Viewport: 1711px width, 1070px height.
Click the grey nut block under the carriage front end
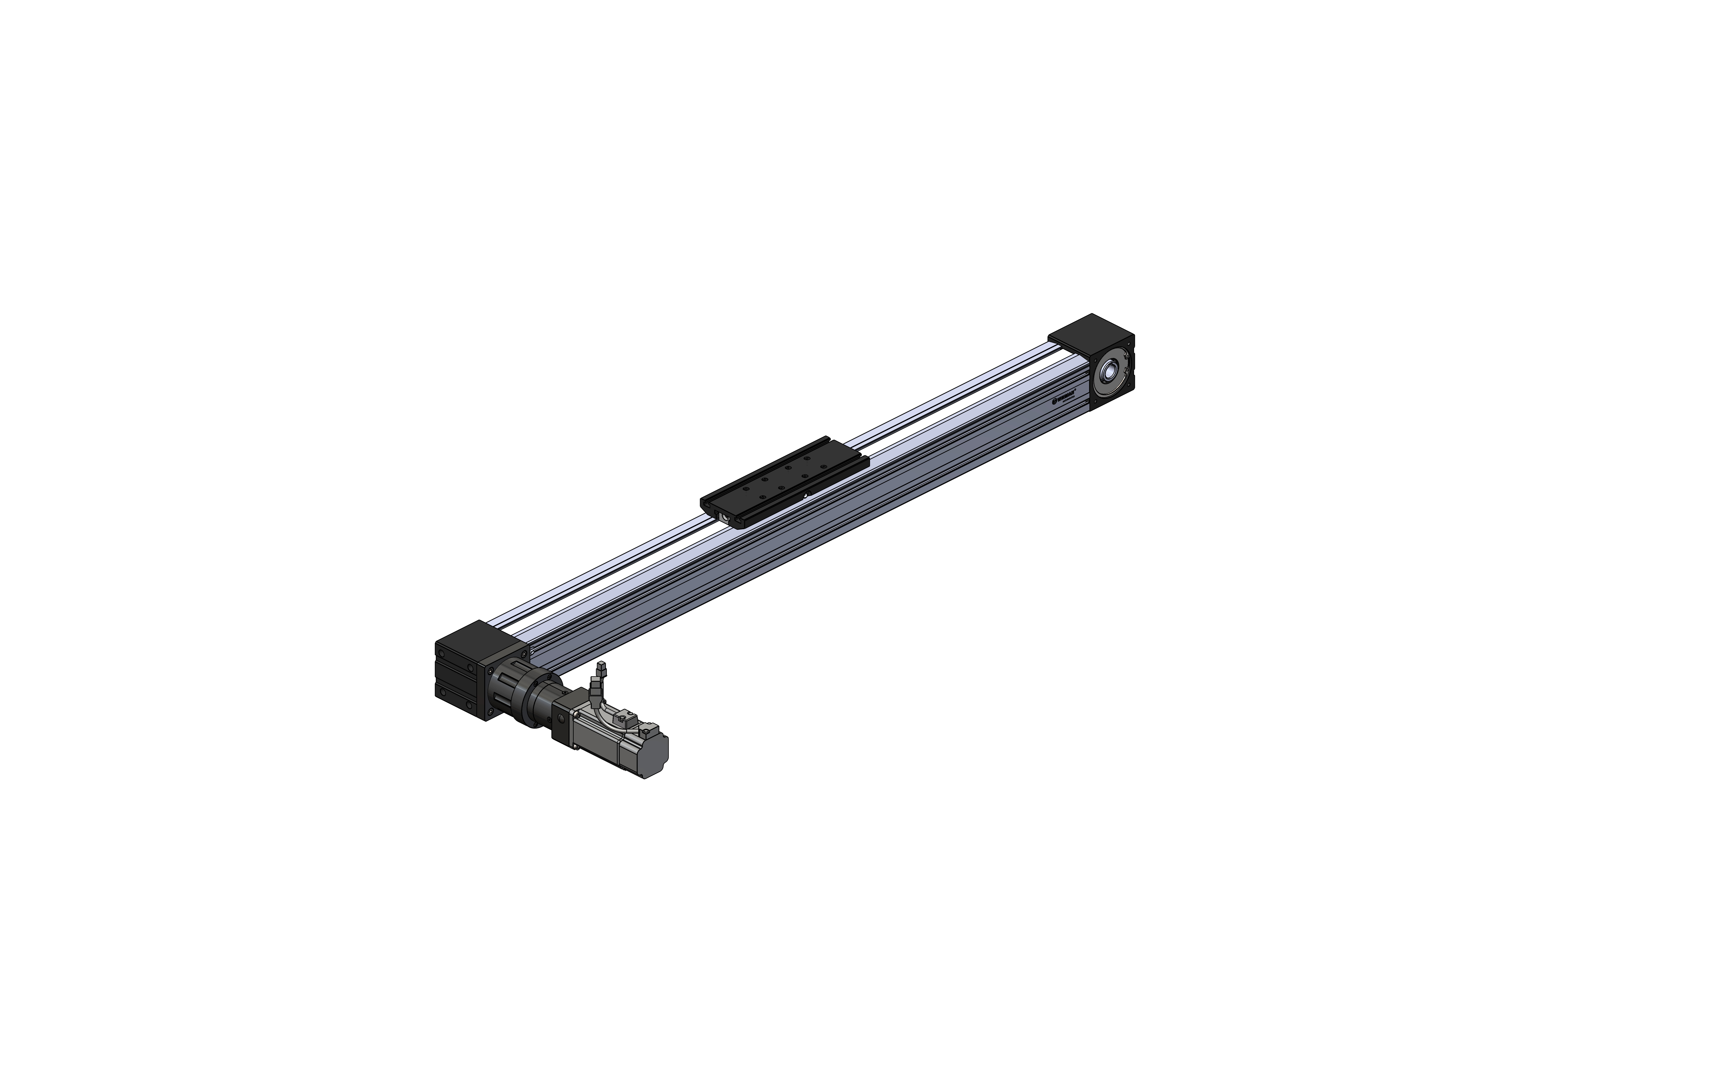[x=725, y=518]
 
